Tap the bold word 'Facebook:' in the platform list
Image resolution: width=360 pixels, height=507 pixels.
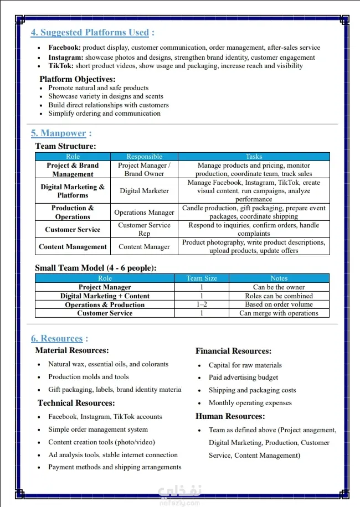click(64, 48)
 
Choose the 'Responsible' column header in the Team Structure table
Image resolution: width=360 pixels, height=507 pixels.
click(144, 157)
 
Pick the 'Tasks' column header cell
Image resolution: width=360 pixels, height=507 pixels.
click(254, 157)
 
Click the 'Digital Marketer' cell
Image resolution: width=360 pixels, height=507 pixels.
click(144, 191)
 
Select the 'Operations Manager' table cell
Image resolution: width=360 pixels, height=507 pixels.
click(144, 212)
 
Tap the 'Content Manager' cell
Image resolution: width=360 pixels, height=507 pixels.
click(144, 247)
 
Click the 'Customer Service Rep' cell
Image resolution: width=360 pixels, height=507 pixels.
click(144, 229)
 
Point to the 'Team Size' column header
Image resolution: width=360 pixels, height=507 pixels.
click(202, 278)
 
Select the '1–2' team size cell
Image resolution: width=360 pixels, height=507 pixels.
click(202, 304)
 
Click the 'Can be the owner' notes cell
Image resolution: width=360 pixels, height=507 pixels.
click(279, 287)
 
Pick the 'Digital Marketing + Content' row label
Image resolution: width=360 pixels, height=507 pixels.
click(105, 296)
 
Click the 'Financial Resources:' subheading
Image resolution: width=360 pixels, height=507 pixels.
click(233, 351)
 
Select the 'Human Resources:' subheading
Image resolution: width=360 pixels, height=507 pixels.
click(230, 416)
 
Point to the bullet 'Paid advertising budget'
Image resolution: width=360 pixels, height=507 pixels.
click(243, 377)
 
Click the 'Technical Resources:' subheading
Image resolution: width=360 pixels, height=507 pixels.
click(76, 403)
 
